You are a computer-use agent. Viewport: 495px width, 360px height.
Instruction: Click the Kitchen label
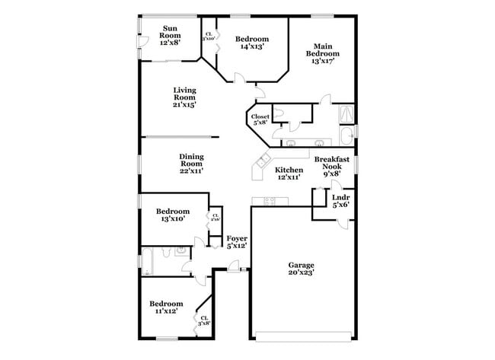(x=289, y=170)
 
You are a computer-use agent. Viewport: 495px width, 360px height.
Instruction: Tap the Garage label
(x=301, y=265)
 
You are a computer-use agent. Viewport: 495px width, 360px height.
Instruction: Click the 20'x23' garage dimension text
(x=302, y=271)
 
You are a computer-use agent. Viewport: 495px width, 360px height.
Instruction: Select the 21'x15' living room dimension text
(x=184, y=104)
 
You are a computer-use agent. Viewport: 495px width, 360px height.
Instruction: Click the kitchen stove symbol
(x=268, y=201)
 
